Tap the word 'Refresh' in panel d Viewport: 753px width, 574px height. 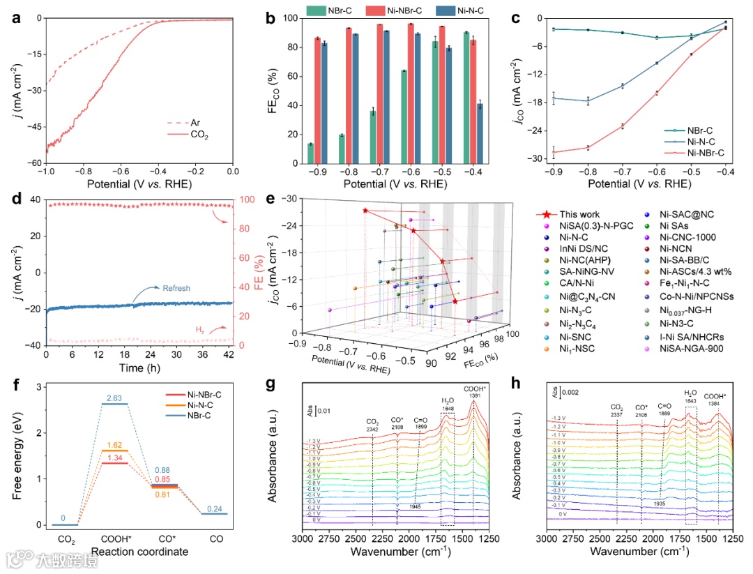click(x=176, y=288)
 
